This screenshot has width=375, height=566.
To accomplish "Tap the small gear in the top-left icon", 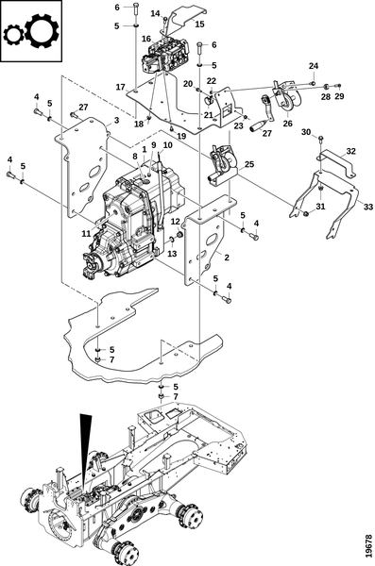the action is [14, 35].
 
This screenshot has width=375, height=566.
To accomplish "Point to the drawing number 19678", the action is [368, 546].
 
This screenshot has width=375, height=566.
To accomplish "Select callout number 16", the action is [146, 39].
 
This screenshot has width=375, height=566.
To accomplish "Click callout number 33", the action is [367, 208].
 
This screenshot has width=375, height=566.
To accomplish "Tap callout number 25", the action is [249, 164].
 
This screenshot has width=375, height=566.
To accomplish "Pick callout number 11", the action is [86, 234].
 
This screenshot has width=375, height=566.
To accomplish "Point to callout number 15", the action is [199, 25].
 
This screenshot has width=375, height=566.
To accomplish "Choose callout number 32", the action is [350, 151].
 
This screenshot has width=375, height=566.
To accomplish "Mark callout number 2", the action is [227, 258].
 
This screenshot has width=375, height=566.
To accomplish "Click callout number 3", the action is [116, 120].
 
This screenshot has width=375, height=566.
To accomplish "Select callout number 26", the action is [287, 124].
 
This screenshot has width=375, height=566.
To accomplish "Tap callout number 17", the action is [120, 87].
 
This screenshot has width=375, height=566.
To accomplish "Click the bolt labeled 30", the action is [321, 138].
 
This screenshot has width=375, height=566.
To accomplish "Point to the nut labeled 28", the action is [325, 87].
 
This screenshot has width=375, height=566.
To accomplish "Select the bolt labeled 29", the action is [338, 86].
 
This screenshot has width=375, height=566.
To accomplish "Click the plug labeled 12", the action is [179, 235].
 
